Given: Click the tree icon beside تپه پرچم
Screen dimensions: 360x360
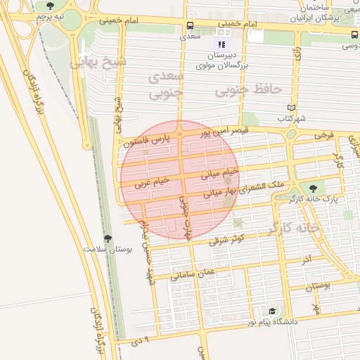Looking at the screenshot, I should click(49, 6).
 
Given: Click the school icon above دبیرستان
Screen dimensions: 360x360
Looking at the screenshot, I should click(222, 44).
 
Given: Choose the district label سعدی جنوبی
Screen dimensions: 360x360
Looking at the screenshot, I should click(167, 83).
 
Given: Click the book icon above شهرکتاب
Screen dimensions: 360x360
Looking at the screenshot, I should click(290, 108).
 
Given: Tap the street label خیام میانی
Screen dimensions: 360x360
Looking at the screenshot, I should click(220, 172).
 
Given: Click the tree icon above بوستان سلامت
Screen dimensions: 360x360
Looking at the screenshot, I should click(108, 238).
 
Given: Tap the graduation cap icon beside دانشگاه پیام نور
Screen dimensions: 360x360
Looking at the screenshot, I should click(271, 311).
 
